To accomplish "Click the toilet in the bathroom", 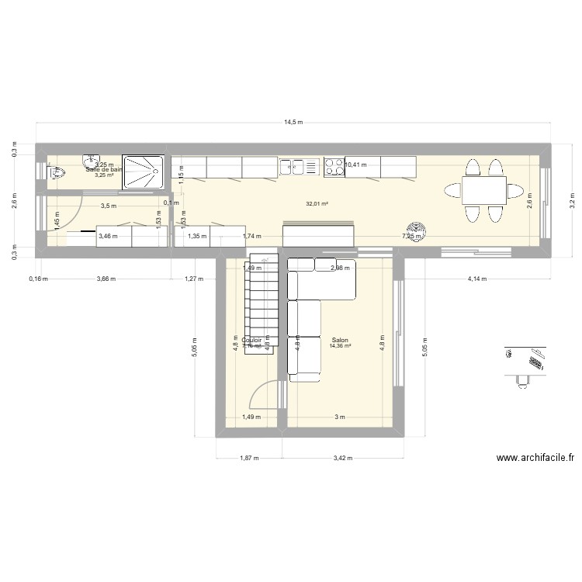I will [54, 173].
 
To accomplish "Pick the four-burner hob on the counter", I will [334, 166].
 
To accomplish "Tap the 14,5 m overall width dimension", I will [293, 123].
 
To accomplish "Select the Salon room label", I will [339, 340].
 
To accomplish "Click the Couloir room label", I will [251, 340].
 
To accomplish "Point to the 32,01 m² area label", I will [317, 203].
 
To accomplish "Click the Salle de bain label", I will [104, 169].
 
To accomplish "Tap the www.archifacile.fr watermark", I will [535, 459].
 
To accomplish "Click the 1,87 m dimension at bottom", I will [249, 458].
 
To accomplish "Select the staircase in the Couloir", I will [262, 303].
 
